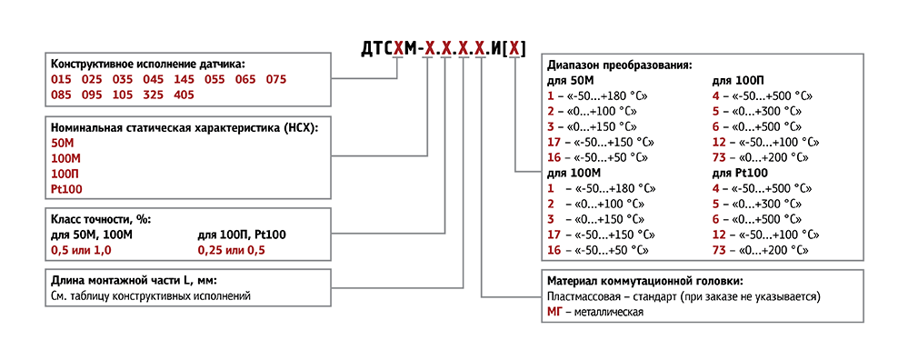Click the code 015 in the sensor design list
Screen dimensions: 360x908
61,79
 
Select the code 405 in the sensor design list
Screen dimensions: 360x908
183,95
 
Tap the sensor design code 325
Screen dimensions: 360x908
153,95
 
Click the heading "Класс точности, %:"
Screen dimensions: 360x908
100,220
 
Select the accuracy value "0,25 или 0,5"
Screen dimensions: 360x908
232,249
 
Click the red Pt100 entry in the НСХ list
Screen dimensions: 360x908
65,187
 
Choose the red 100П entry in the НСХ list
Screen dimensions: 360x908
65,173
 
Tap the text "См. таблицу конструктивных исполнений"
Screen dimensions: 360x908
150,296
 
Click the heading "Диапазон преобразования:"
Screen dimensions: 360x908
619,65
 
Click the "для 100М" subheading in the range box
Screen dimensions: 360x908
574,173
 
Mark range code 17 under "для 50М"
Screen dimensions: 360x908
553,141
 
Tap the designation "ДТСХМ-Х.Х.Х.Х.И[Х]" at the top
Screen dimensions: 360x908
443,45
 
